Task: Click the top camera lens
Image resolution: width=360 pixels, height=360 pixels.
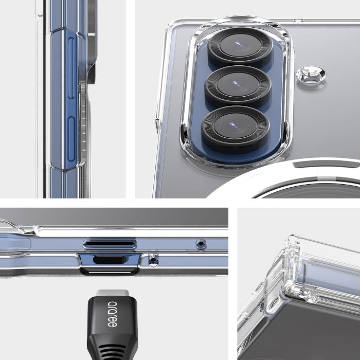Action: (239, 47)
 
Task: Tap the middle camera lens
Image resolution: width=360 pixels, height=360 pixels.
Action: (237, 85)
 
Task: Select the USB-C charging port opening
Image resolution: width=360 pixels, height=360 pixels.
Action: (110, 260)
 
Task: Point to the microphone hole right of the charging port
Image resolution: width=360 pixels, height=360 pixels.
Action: (153, 260)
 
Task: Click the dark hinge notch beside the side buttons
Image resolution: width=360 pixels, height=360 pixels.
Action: (91, 72)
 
